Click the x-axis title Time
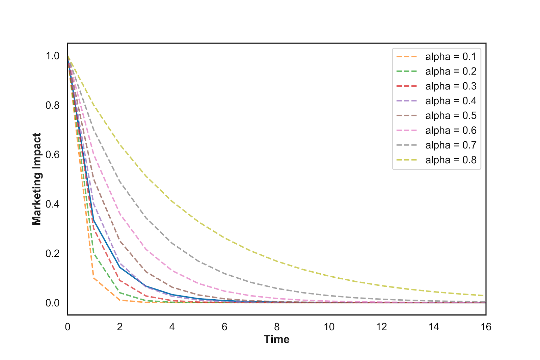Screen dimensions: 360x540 click(276, 339)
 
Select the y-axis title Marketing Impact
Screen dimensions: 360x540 click(36, 179)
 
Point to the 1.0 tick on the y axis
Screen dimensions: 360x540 click(53, 56)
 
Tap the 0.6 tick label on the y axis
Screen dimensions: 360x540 click(53, 155)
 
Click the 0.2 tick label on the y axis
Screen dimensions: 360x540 click(53, 254)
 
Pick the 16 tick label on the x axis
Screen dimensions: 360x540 click(486, 327)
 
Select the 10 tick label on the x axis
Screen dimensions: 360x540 click(329, 327)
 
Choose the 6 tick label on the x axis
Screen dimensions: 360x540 click(224, 327)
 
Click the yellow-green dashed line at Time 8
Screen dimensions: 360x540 click(277, 261)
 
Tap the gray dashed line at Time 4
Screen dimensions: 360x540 click(172, 243)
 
